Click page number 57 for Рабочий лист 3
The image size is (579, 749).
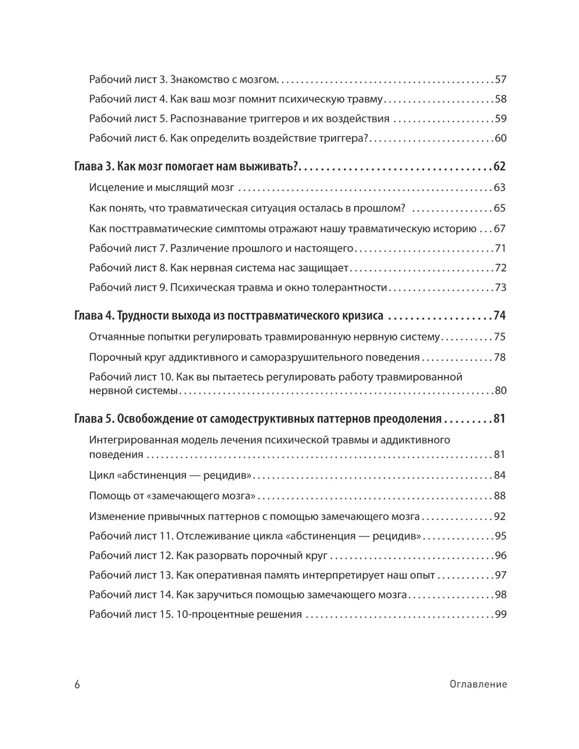(500, 79)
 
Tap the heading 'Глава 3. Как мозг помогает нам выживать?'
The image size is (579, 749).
(186, 167)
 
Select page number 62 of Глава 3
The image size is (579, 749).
(500, 167)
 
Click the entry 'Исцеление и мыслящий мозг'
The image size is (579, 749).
(162, 188)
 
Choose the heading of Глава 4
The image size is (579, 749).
(229, 316)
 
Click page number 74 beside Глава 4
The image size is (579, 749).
(500, 316)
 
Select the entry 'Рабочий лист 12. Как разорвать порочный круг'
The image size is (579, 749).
(209, 556)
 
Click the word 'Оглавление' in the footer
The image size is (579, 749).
(478, 684)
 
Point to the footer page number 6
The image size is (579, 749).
(78, 684)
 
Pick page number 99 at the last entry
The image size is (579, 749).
(500, 615)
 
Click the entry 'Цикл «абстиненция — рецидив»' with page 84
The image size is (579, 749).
(170, 476)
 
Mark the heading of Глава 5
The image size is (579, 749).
(258, 419)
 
